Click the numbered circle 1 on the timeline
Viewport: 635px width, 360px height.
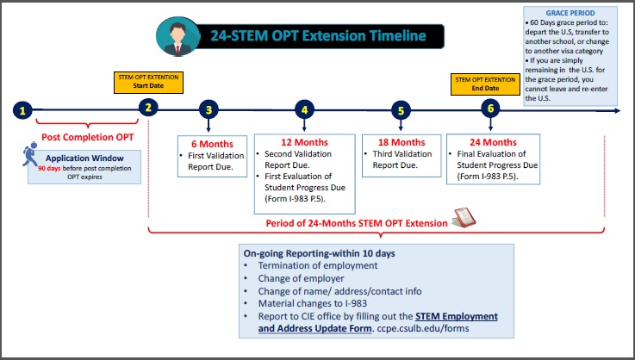coord(22,110)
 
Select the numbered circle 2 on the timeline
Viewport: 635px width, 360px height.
coord(148,108)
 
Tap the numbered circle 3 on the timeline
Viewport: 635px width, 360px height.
coord(209,109)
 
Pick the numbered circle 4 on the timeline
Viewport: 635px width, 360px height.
coord(304,109)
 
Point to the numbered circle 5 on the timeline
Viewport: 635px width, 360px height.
coord(401,110)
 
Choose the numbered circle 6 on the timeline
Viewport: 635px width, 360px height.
coord(490,109)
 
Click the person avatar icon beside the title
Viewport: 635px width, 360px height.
coord(177,36)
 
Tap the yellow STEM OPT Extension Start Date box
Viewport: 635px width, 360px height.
coord(148,83)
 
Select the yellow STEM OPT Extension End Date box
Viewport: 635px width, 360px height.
coord(485,84)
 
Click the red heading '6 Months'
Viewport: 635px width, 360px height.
coord(212,144)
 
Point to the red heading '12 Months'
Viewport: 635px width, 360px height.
coord(304,142)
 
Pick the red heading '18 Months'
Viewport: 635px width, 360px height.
coord(402,142)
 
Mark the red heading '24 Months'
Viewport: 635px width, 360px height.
coord(493,142)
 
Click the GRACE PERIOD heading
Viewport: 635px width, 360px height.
coord(570,13)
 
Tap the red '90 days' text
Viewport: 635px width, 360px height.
coord(49,168)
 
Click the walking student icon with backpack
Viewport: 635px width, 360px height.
coord(30,154)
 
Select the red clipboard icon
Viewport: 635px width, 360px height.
coord(464,217)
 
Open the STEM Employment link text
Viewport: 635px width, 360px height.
coord(457,316)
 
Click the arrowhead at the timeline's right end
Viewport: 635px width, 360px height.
coord(617,110)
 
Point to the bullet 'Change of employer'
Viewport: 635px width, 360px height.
coord(301,278)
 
